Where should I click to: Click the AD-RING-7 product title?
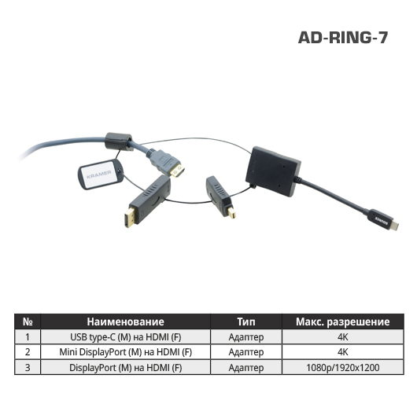[x=343, y=38]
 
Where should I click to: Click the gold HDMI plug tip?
[x=177, y=171]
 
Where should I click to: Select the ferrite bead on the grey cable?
[x=119, y=141]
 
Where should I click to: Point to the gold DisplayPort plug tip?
[x=130, y=217]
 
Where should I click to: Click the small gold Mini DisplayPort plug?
[x=231, y=212]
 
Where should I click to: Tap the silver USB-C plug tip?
[x=394, y=226]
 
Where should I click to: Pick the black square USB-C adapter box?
[x=273, y=171]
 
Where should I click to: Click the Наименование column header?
[x=126, y=321]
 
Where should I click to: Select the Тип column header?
[x=246, y=321]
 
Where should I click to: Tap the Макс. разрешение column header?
[x=343, y=321]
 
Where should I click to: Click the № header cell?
[x=28, y=321]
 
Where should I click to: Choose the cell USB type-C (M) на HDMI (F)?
[x=126, y=337]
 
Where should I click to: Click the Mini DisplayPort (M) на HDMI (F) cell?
[x=126, y=352]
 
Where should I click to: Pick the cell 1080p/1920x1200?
[x=343, y=368]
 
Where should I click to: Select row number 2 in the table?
[x=28, y=352]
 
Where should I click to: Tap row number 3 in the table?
[x=28, y=368]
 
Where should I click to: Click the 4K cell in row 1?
[x=343, y=337]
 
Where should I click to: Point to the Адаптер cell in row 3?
[x=246, y=368]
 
